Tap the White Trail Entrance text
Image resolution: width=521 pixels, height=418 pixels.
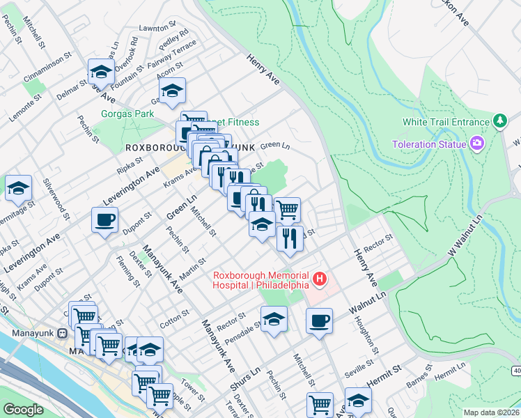pyautogui.click(x=446, y=122)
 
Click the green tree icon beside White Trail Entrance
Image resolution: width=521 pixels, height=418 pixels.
pyautogui.click(x=499, y=122)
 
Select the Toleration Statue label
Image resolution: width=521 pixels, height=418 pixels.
pyautogui.click(x=428, y=144)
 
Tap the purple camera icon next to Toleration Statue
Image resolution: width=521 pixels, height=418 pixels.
pyautogui.click(x=476, y=144)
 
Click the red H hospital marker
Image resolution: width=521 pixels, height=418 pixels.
pyautogui.click(x=320, y=279)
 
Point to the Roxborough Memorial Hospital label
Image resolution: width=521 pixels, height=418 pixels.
pyautogui.click(x=261, y=279)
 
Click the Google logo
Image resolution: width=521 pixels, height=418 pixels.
pyautogui.click(x=23, y=410)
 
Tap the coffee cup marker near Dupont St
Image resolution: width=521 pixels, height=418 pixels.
pyautogui.click(x=105, y=220)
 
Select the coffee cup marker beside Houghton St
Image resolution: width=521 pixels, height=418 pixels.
pyautogui.click(x=320, y=320)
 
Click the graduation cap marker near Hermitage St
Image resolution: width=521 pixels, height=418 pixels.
pyautogui.click(x=19, y=188)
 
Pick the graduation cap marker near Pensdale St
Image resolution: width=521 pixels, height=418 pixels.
pyautogui.click(x=274, y=320)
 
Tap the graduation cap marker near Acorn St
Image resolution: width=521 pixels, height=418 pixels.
pyautogui.click(x=172, y=90)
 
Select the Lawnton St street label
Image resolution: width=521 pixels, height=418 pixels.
pyautogui.click(x=157, y=27)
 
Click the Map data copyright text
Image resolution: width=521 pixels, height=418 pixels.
pyautogui.click(x=491, y=412)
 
